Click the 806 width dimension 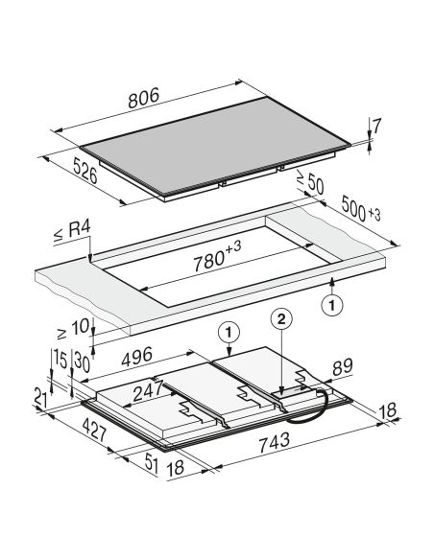(x=143, y=98)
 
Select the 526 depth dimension (x=85, y=171)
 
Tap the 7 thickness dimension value (x=376, y=126)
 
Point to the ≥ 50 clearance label (x=310, y=182)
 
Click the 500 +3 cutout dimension (x=361, y=209)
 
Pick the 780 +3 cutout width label (x=217, y=256)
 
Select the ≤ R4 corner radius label (x=72, y=231)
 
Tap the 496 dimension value (x=137, y=357)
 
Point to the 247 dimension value (x=148, y=392)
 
